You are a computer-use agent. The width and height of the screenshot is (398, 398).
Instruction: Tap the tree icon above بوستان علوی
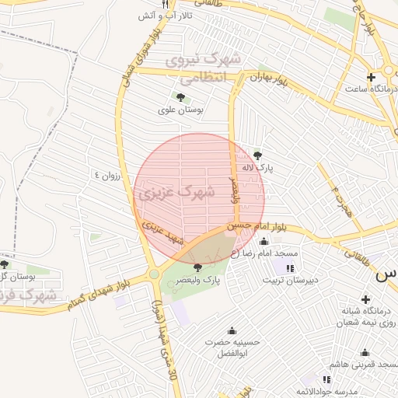pyautogui.click(x=180, y=97)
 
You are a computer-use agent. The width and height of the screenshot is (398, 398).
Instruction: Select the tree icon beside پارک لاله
pyautogui.click(x=258, y=154)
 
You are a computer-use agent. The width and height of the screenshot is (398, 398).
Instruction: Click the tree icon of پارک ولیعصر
pyautogui.click(x=197, y=267)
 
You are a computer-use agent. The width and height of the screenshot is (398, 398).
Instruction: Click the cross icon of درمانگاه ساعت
pyautogui.click(x=372, y=77)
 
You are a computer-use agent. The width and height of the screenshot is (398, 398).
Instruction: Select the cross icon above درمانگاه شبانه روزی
pyautogui.click(x=365, y=299)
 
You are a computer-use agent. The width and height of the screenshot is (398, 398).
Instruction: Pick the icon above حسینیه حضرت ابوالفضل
pyautogui.click(x=231, y=330)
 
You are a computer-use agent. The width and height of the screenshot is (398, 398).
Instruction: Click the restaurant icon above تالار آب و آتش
pyautogui.click(x=165, y=4)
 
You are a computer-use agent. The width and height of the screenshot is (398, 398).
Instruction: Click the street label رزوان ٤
pyautogui.click(x=109, y=174)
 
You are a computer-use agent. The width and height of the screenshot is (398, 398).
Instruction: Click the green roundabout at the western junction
pyautogui.click(x=155, y=274)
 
